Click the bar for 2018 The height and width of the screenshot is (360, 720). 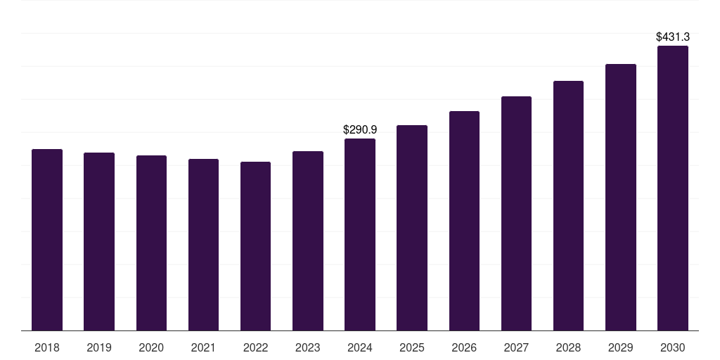point(47,240)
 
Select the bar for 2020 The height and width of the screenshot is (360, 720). point(151,243)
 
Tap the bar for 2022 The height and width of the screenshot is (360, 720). point(255,246)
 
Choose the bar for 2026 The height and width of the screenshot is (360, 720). point(464,221)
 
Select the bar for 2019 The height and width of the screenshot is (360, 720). point(99,241)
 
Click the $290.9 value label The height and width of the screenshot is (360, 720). point(360,130)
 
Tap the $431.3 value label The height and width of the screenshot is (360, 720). point(673,37)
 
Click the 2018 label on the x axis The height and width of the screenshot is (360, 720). point(47,348)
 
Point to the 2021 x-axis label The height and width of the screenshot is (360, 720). point(203,348)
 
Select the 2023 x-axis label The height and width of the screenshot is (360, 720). point(308,348)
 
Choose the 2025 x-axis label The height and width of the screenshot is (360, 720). point(412,348)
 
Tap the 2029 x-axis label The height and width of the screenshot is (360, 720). point(621,348)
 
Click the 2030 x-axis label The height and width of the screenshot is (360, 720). point(673,348)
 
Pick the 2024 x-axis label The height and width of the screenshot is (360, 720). point(360,348)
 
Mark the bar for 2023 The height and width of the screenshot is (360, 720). point(308,240)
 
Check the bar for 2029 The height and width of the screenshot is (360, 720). point(621,197)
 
